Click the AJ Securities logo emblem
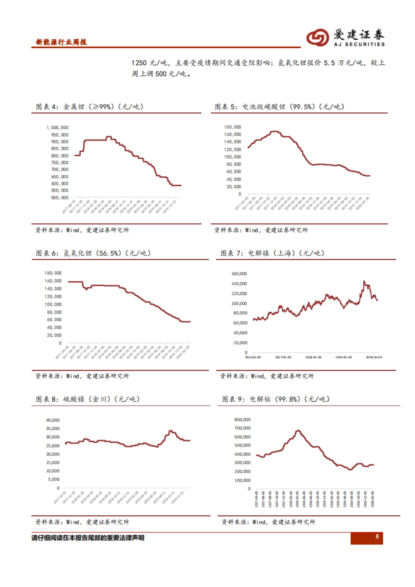317,37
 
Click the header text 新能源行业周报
61,42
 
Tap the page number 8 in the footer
377,537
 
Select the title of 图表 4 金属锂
90,106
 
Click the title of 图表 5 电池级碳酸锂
279,106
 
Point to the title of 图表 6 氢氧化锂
93,253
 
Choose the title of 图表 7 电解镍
273,253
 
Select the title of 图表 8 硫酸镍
88,399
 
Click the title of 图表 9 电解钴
276,399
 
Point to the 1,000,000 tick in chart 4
57,128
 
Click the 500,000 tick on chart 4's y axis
59,198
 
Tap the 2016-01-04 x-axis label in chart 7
253,357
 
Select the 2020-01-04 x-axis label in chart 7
374,357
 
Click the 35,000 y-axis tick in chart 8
53,428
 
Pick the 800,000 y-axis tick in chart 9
242,420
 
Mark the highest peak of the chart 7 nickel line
364,281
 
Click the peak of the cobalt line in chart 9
298,431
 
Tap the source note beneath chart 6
82,376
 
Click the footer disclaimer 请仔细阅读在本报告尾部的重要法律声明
88,538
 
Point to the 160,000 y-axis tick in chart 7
239,274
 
